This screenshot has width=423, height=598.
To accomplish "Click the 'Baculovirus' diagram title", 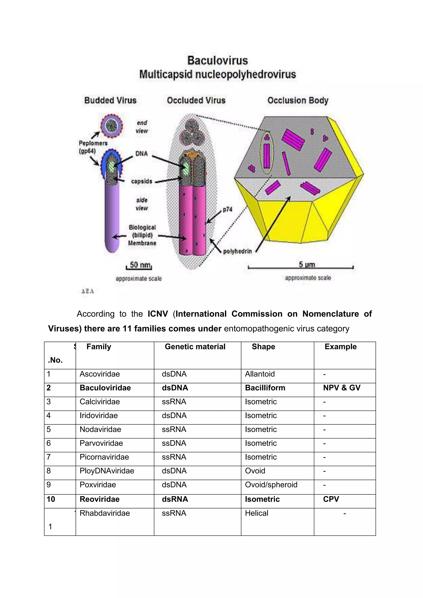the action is coord(218,60).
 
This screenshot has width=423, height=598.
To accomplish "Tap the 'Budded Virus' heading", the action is coord(110,100).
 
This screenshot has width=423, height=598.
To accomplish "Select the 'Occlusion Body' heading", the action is coord(298,100).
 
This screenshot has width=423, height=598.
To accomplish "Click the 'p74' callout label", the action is coord(228,209).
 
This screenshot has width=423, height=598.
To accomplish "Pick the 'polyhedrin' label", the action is coord(238,251).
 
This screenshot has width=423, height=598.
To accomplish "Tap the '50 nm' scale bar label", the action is coord(140,265).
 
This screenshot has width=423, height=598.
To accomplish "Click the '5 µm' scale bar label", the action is coord(307,265).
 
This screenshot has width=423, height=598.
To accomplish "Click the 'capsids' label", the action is coord(141,181).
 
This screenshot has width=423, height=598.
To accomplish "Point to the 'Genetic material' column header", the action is coord(195,347).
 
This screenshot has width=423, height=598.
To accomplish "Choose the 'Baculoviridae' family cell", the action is coord(105,388).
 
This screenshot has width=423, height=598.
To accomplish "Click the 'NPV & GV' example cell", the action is coord(342,388).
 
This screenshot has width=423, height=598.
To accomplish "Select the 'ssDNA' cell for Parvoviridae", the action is coord(174,443).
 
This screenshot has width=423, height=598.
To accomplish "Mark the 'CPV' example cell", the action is coord(331,499).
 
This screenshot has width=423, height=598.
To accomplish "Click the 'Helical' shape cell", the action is coord(257,513).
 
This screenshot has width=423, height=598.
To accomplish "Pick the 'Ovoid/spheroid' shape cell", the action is coord(271,485).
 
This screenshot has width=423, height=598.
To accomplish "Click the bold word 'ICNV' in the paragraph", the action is coord(158,314).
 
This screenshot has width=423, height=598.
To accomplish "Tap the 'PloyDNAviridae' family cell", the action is coord(107,471).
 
